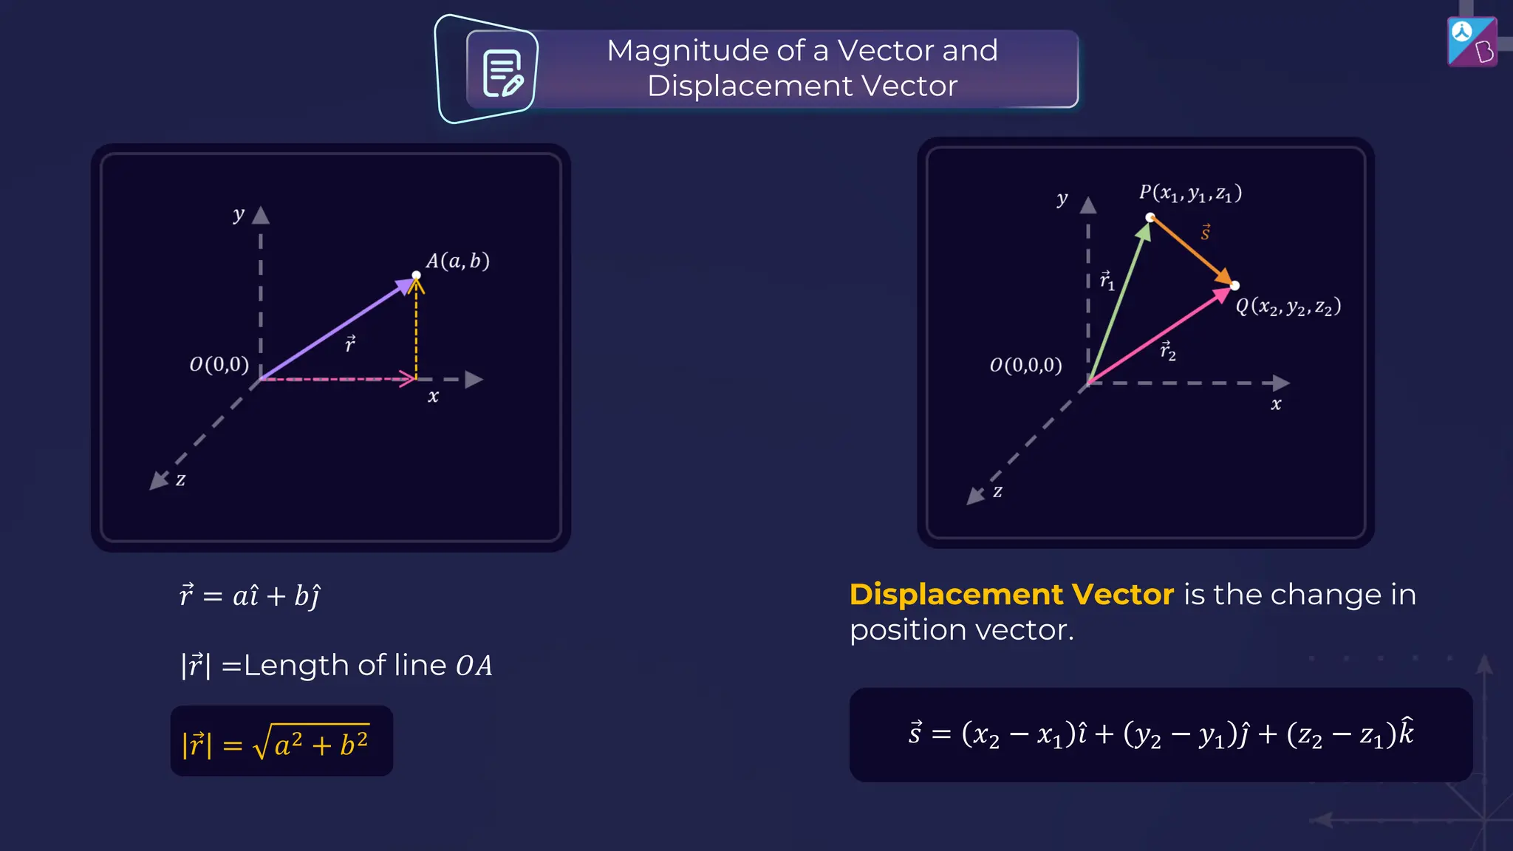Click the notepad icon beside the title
pos(502,73)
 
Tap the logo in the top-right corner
pos(1472,41)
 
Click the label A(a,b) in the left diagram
pos(457,261)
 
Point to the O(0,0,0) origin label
pos(1025,365)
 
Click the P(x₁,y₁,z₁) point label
pos(1189,194)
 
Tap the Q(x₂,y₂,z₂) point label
pos(1288,307)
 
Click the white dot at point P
pos(1150,217)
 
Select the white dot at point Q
pos(1234,286)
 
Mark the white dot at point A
pos(417,275)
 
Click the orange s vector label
pos(1205,233)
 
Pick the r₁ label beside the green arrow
pos(1106,281)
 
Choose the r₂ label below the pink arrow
pos(1167,350)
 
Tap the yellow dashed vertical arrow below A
pos(416,332)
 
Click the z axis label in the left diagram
pos(180,479)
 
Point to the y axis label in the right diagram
pos(1062,199)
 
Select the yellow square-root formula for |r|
pos(281,742)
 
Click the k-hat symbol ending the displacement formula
pos(1406,731)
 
